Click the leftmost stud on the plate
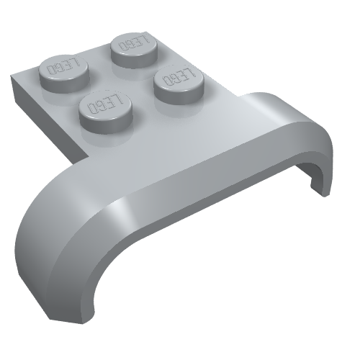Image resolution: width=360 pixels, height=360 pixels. [64, 73]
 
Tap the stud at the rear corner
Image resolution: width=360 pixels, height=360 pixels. [135, 50]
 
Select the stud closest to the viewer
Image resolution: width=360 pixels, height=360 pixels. [106, 112]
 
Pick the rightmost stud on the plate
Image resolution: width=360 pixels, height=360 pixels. [179, 84]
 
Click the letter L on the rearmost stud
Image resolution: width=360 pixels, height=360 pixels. [143, 40]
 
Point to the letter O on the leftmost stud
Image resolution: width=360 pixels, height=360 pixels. [51, 70]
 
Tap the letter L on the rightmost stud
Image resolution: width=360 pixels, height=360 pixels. [189, 73]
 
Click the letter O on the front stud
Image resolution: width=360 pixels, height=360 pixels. [93, 108]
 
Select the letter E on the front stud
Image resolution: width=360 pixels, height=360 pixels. [111, 102]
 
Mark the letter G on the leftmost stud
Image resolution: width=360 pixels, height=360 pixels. [59, 66]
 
